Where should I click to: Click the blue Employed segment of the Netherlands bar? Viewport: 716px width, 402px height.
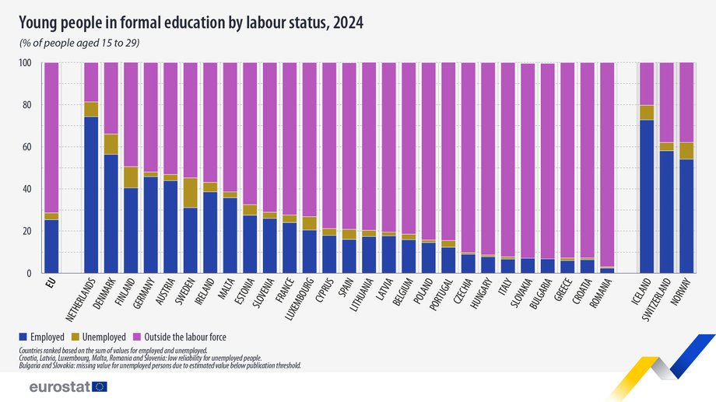coord(91,194)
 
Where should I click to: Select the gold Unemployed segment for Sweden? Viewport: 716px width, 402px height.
coord(191,193)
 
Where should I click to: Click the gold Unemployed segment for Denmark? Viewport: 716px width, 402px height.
coord(111,144)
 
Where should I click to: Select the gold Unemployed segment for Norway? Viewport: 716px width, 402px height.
coord(686,151)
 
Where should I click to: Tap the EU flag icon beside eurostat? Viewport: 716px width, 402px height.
coord(99,386)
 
